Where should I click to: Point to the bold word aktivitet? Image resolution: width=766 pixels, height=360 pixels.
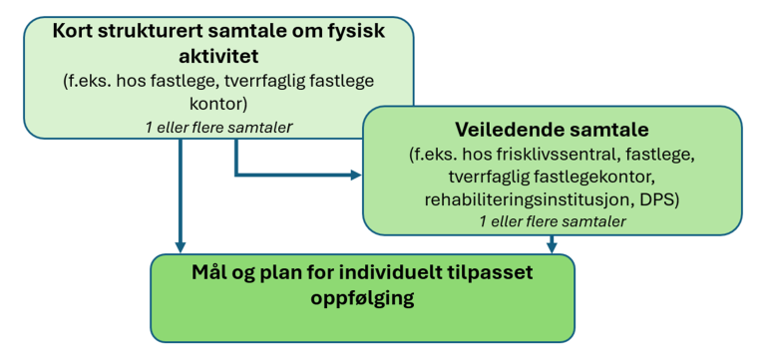pyautogui.click(x=216, y=56)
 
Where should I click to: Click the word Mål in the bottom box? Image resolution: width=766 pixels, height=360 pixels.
pyautogui.click(x=209, y=271)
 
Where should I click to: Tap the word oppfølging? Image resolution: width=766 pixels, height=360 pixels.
pyautogui.click(x=362, y=296)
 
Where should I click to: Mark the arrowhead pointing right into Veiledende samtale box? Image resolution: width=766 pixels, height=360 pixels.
pyautogui.click(x=356, y=176)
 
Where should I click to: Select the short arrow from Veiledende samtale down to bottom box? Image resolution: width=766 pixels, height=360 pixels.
pyautogui.click(x=552, y=242)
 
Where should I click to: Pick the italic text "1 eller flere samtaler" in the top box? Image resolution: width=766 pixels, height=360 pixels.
pyautogui.click(x=216, y=126)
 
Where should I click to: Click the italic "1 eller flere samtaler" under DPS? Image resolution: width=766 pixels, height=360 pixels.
pyautogui.click(x=552, y=221)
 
